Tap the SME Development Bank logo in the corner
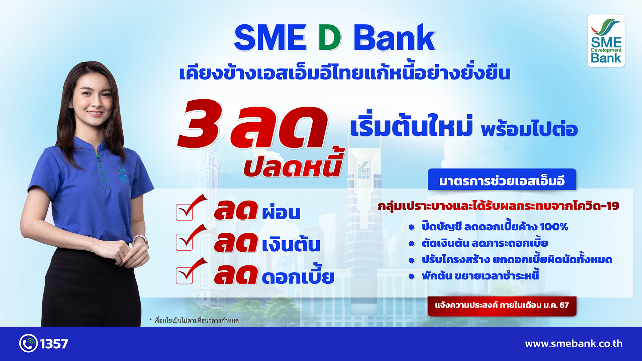pyautogui.click(x=606, y=41)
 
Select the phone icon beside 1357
pyautogui.click(x=28, y=343)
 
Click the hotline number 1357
pyautogui.click(x=54, y=344)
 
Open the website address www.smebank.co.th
pyautogui.click(x=574, y=344)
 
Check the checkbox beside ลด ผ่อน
pyautogui.click(x=184, y=213)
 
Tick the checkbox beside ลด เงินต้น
pyautogui.click(x=184, y=242)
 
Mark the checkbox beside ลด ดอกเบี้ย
pyautogui.click(x=184, y=275)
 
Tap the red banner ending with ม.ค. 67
pyautogui.click(x=502, y=306)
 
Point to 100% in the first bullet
pyautogui.click(x=554, y=227)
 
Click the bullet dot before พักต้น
pyautogui.click(x=412, y=276)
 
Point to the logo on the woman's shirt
pyautogui.click(x=123, y=175)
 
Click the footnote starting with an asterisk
pyautogui.click(x=194, y=321)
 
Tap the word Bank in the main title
pyautogui.click(x=395, y=37)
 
